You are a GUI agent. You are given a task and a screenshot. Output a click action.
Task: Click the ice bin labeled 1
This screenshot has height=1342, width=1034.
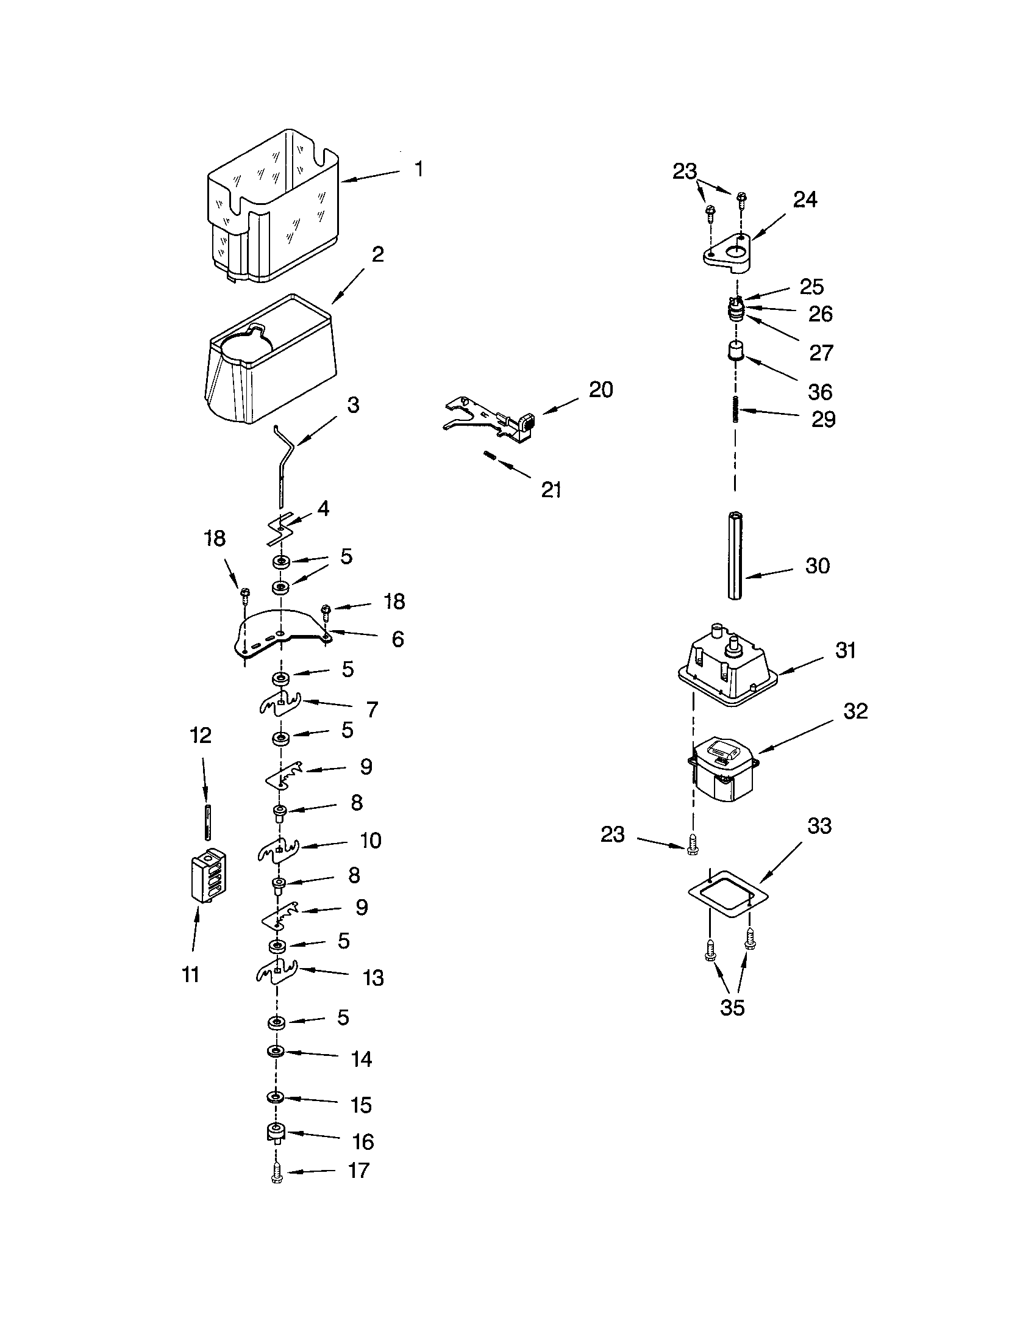click(273, 209)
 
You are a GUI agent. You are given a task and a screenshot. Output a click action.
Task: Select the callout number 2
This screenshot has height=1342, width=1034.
click(377, 254)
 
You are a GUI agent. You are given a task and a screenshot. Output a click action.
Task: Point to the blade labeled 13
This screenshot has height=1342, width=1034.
click(276, 972)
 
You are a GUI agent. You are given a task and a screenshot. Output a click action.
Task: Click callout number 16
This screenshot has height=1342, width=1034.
click(362, 1141)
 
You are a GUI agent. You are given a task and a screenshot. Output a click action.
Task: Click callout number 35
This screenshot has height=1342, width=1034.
click(732, 1007)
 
